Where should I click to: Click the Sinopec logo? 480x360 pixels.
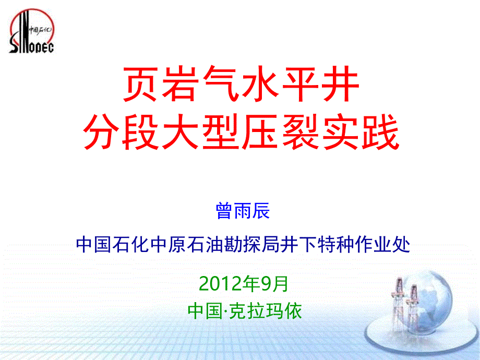[32, 31]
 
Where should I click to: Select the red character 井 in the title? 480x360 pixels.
[340, 83]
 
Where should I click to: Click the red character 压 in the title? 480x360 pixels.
[261, 132]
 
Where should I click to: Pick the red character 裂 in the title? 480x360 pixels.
[301, 132]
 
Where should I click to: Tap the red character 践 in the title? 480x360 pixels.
[380, 132]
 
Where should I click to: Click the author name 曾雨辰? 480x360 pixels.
[243, 211]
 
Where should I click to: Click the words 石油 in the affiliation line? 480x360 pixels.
[206, 245]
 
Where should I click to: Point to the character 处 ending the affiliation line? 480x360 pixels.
[401, 245]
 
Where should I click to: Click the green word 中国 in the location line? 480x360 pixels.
[205, 311]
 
